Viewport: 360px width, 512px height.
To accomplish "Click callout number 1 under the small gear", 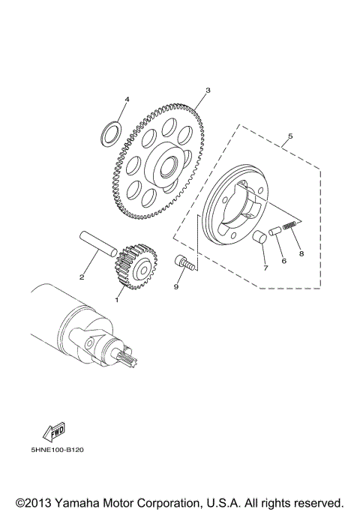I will tap(117, 300).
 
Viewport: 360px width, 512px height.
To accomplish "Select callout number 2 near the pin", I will tap(81, 277).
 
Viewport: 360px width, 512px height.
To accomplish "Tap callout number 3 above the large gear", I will tap(208, 90).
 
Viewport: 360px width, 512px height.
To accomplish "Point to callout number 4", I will tap(127, 100).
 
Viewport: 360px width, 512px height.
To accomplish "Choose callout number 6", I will tap(283, 261).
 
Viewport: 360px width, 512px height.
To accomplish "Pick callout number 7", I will tap(265, 268).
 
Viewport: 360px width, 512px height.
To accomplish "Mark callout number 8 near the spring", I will tap(301, 253).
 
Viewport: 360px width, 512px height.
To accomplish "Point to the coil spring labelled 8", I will tap(291, 224).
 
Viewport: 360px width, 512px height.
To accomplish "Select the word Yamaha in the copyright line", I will tap(80, 502).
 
